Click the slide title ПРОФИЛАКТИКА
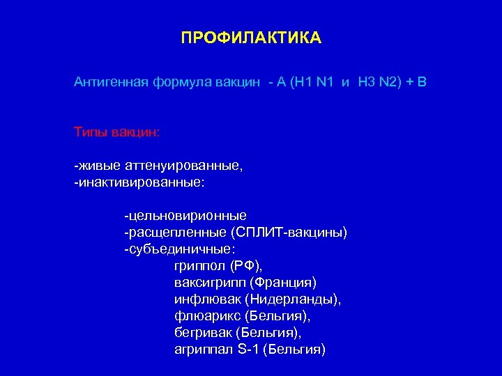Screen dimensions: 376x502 251,38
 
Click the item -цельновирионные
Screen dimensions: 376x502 185,216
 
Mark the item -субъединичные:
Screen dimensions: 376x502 179,249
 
